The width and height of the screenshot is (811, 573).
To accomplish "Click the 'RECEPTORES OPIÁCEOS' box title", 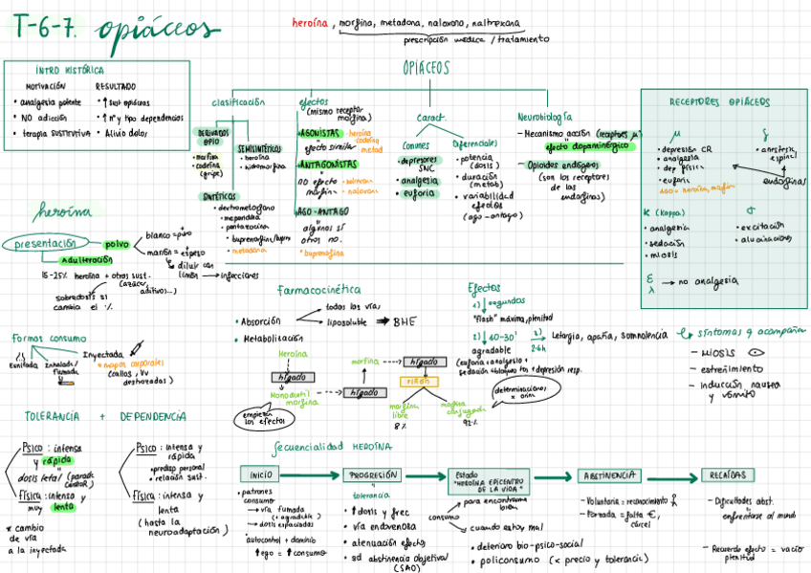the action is [x=719, y=101].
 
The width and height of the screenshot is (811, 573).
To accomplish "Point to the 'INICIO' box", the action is [x=261, y=474].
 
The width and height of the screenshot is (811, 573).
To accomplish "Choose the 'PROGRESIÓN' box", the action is [x=371, y=475].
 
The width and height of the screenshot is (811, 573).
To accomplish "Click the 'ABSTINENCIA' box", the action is [x=608, y=475].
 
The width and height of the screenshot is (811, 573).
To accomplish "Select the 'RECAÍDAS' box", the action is [x=727, y=475].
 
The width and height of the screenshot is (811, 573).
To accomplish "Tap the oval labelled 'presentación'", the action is [x=45, y=244].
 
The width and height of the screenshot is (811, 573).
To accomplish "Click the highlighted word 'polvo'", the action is [x=117, y=245].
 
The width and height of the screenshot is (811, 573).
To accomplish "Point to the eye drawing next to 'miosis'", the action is [x=755, y=352].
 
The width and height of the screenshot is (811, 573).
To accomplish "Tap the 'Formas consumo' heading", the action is [x=49, y=338].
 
